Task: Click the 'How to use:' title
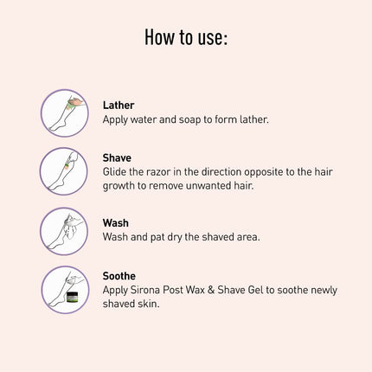point(186,37)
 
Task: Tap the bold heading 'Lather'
point(119,106)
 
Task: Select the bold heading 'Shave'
point(117,157)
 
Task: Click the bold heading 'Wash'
point(116,223)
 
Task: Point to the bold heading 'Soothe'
point(119,276)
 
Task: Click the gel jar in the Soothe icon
point(73,297)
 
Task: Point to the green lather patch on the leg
point(69,106)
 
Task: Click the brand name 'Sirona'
point(145,290)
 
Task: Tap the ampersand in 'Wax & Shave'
point(211,290)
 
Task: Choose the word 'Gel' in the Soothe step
point(255,290)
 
